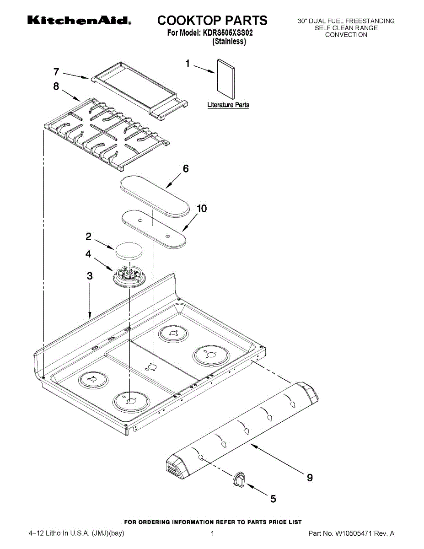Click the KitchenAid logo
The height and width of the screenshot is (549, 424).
tap(80, 21)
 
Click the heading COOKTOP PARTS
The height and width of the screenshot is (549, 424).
tap(212, 20)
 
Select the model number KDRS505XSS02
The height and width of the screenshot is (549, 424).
tap(227, 33)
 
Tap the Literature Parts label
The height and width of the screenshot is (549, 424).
tap(228, 105)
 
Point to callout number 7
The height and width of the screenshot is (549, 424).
tap(56, 72)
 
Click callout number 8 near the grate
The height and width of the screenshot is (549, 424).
tap(56, 86)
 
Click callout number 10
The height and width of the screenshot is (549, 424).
tap(201, 209)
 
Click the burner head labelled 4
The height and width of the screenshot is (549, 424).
tap(129, 277)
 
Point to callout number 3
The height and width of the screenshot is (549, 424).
tap(90, 276)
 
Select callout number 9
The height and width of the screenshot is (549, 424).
tap(310, 478)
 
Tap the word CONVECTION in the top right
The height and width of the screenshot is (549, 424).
tap(346, 35)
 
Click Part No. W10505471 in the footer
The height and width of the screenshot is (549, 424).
tap(351, 533)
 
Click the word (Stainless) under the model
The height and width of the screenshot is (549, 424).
tap(229, 42)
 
